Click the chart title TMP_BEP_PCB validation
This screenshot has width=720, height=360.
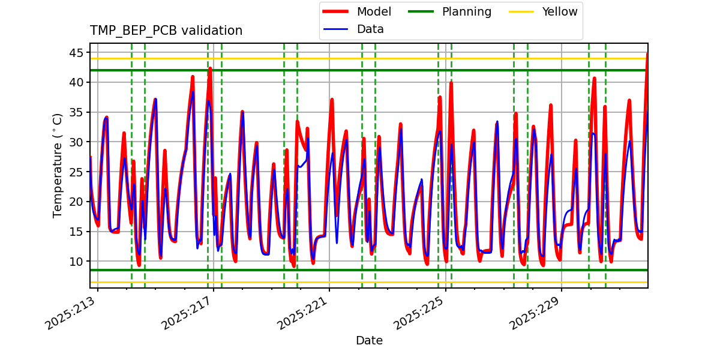point(166,31)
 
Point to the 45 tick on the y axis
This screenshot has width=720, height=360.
point(76,53)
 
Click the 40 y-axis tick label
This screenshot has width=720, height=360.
point(76,82)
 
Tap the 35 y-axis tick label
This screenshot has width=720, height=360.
point(76,112)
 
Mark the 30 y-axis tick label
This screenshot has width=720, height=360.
point(76,142)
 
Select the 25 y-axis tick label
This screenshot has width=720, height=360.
point(76,172)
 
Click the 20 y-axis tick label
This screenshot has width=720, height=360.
point(76,202)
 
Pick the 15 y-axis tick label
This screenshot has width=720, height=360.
point(76,232)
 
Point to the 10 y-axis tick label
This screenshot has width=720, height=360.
point(76,262)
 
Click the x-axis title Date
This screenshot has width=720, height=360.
point(369,341)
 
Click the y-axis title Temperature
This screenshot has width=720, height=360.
point(58,165)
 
